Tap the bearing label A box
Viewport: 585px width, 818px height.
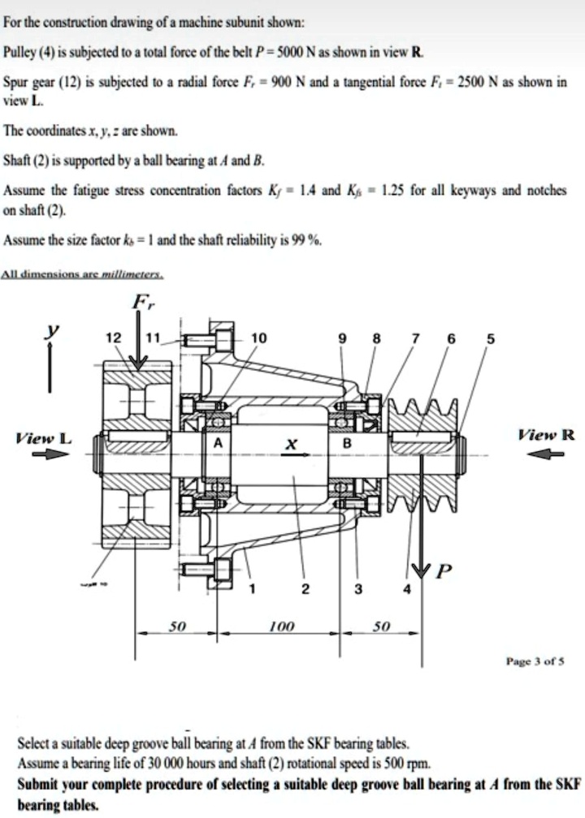[217, 443]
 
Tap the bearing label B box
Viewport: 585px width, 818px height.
[347, 443]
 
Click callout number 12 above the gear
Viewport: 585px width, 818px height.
[116, 338]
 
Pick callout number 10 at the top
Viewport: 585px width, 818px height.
[258, 338]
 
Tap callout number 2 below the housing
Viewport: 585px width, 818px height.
[304, 589]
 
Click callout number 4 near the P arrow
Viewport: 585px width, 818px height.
[406, 589]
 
